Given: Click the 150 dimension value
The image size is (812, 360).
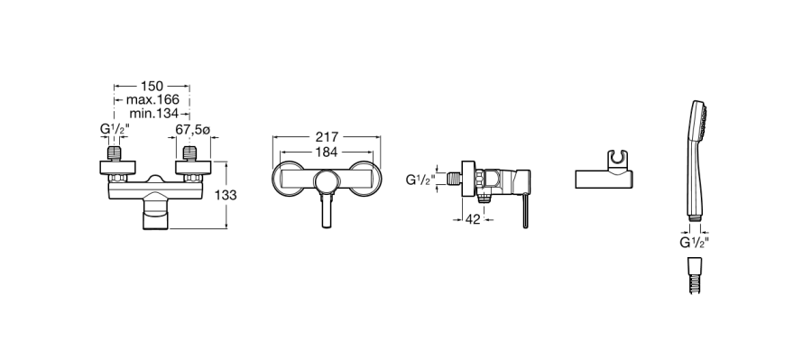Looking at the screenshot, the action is click(152, 86).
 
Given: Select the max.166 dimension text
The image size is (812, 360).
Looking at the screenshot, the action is click(152, 99).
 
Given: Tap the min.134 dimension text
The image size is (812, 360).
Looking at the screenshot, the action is click(153, 113).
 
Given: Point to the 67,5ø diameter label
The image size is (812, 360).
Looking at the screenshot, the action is click(193, 130).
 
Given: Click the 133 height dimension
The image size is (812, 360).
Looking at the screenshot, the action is click(226, 195).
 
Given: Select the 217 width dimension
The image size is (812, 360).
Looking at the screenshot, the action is click(327, 137).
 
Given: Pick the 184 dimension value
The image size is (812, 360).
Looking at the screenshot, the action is click(327, 152).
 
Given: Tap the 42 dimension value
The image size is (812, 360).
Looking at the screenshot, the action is click(472, 219).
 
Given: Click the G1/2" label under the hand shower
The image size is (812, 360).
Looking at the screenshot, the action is click(694, 243).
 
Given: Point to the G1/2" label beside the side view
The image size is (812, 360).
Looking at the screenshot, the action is click(420, 180).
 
